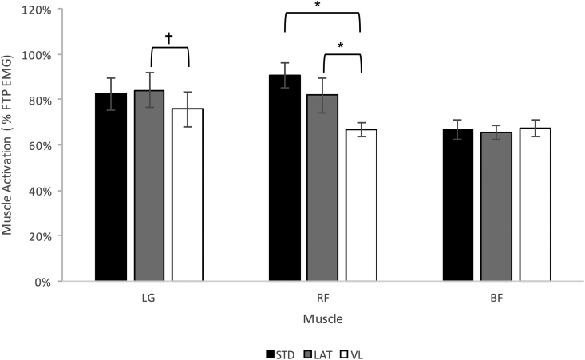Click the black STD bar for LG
tap(111, 188)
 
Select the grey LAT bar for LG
tap(149, 186)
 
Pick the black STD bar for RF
tap(285, 178)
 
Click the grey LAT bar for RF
tap(323, 188)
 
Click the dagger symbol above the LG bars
tap(168, 38)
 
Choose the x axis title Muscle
tap(323, 318)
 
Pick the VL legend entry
tap(352, 352)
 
